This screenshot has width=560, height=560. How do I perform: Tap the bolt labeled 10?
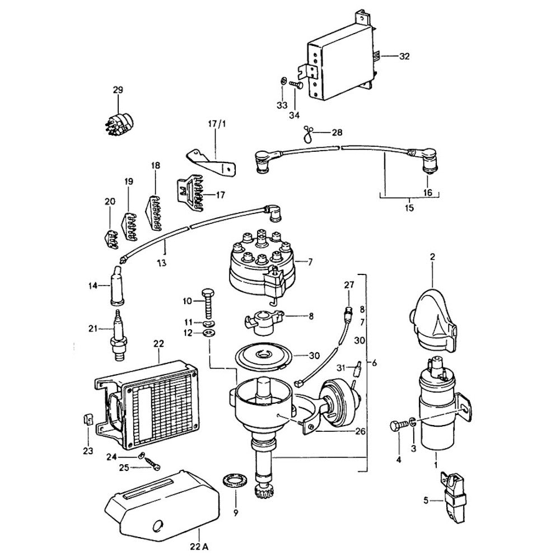pyautogui.click(x=207, y=305)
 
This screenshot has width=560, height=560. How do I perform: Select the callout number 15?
pyautogui.click(x=409, y=208)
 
